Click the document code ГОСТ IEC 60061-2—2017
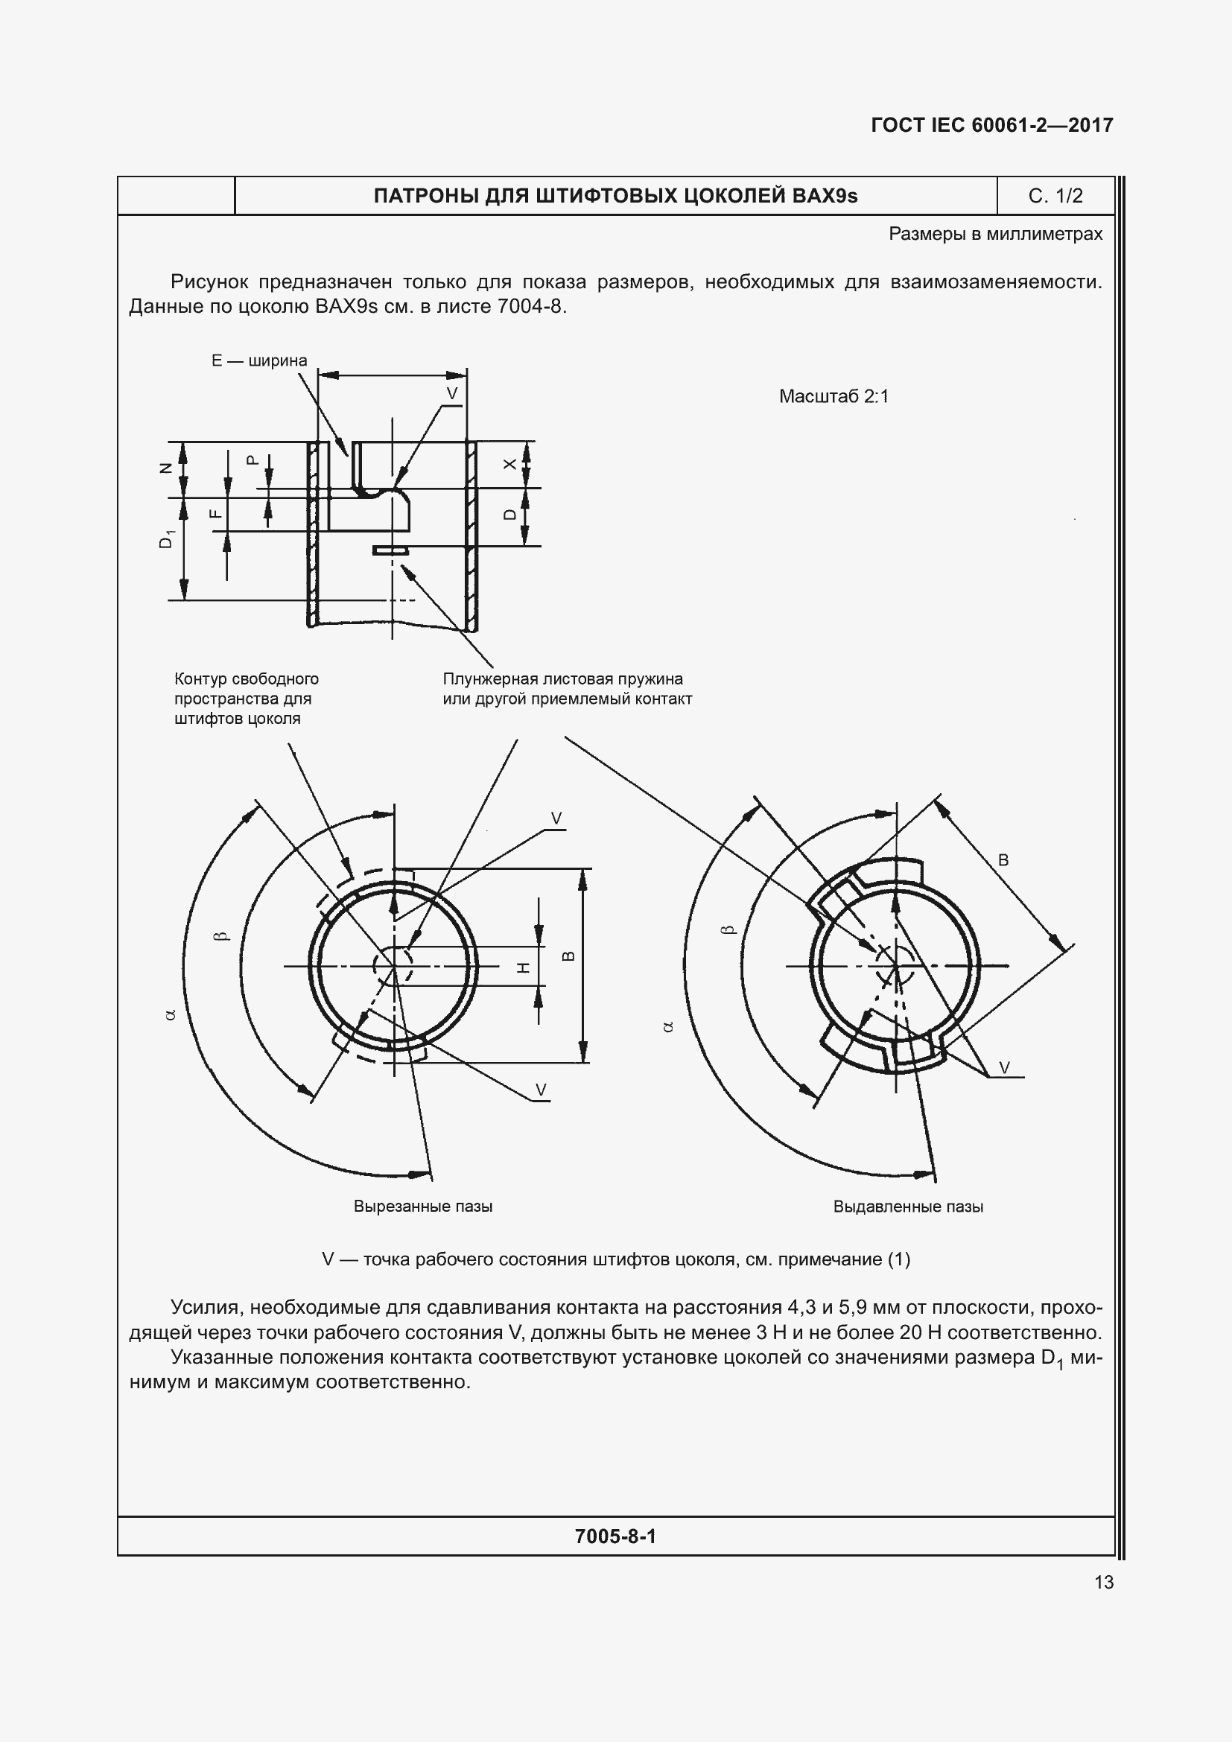991,125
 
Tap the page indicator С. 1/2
1055,196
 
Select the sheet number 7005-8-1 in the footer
615,1536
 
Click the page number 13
1104,1582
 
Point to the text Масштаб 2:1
833,396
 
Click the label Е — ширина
258,360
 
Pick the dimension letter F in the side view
216,514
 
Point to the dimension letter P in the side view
253,460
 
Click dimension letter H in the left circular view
523,967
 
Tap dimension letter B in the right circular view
1003,859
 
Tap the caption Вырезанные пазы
422,1207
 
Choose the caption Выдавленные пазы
907,1207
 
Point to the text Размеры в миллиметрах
995,234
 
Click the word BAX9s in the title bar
825,196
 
